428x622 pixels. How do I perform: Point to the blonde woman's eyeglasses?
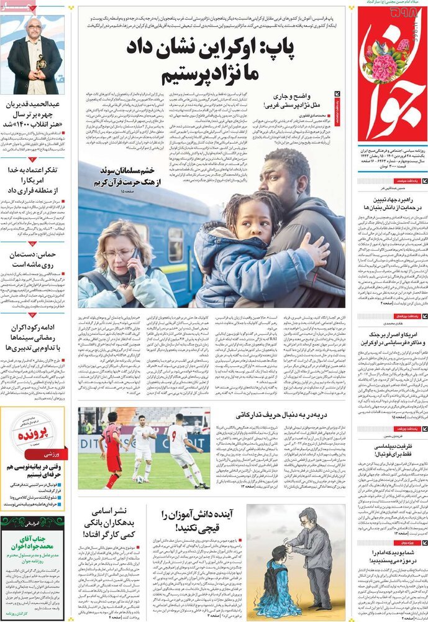point(119,254)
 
